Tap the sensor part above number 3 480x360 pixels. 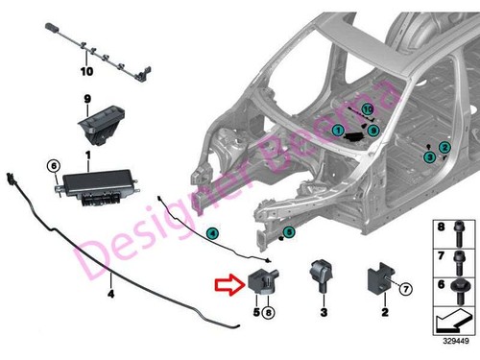pyautogui.click(x=320, y=276)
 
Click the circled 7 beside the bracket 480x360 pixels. pyautogui.click(x=404, y=288)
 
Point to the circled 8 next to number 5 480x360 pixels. pyautogui.click(x=270, y=312)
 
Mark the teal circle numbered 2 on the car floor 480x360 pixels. pyautogui.click(x=444, y=147)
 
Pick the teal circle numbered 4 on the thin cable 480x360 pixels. pyautogui.click(x=212, y=232)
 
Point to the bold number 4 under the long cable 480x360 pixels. pyautogui.click(x=110, y=294)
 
